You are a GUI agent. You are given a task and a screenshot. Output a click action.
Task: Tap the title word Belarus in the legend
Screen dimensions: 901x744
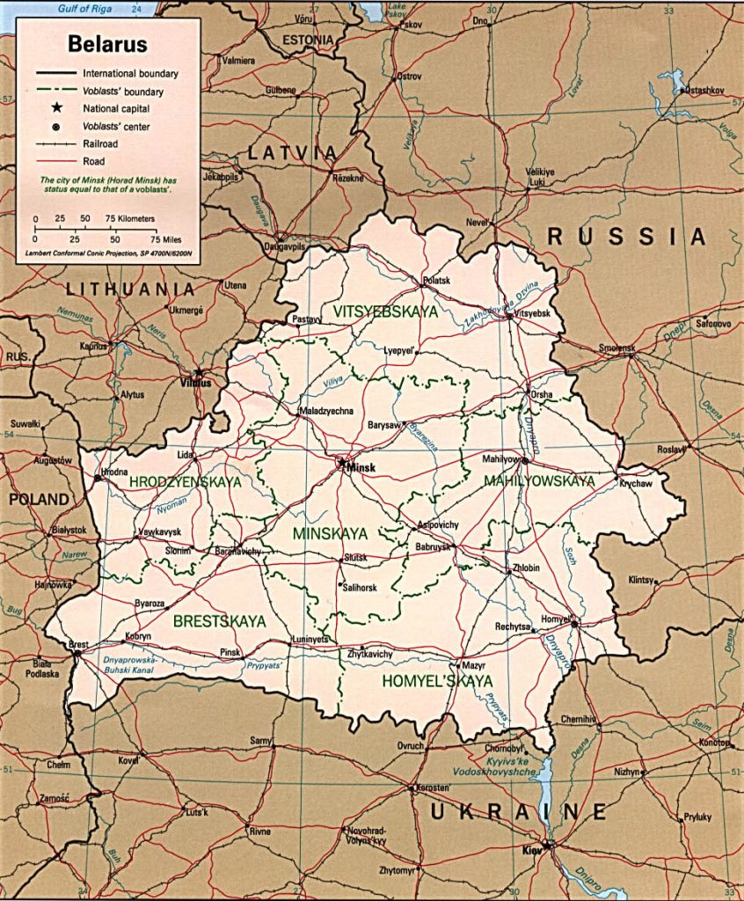click(x=108, y=45)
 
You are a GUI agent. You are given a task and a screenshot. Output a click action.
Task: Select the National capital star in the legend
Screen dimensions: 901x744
click(x=56, y=108)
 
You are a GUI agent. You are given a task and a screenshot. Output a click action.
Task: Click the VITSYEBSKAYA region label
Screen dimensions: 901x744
click(x=385, y=311)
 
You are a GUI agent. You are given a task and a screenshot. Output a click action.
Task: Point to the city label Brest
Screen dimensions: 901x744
click(x=78, y=645)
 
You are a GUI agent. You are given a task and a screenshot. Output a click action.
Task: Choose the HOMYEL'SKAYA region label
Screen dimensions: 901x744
click(x=437, y=681)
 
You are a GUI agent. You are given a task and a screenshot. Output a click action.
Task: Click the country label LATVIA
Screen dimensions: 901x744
click(x=292, y=153)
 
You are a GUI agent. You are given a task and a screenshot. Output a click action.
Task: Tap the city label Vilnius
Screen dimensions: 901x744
click(x=195, y=383)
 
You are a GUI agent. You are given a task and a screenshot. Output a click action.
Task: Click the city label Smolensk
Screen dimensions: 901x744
click(x=616, y=348)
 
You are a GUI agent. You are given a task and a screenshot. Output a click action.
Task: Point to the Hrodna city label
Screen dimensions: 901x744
click(x=113, y=472)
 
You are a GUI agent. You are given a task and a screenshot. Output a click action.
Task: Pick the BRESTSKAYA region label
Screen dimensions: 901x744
click(x=219, y=621)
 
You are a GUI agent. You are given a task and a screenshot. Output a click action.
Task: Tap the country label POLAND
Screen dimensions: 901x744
click(x=39, y=500)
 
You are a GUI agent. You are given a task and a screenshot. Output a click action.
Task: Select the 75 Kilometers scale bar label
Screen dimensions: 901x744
click(x=130, y=218)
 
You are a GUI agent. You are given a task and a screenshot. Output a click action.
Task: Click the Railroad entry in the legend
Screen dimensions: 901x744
click(x=100, y=144)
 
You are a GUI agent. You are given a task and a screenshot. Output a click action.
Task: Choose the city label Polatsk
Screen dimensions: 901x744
click(x=435, y=281)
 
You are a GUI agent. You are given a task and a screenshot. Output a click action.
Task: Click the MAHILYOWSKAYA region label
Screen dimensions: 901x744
click(x=539, y=481)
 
